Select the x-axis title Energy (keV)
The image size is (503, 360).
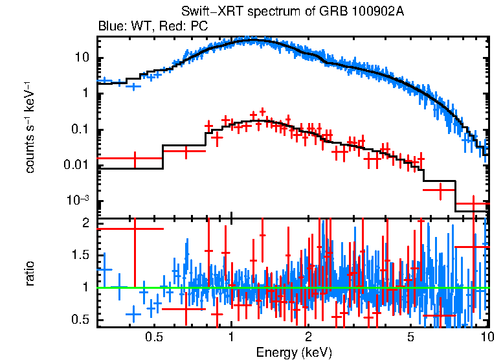point(294,352)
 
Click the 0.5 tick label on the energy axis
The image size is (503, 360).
point(153,337)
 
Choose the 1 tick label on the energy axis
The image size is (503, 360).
point(232,337)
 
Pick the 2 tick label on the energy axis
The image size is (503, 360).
point(309,337)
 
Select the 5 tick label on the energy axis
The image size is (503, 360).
point(410,337)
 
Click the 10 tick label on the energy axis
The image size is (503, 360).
point(487,337)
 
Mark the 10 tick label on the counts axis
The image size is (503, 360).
point(81,58)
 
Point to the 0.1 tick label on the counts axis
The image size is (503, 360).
point(79,129)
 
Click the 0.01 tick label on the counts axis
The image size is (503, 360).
point(76,165)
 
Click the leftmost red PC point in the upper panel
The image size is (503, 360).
point(134,158)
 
